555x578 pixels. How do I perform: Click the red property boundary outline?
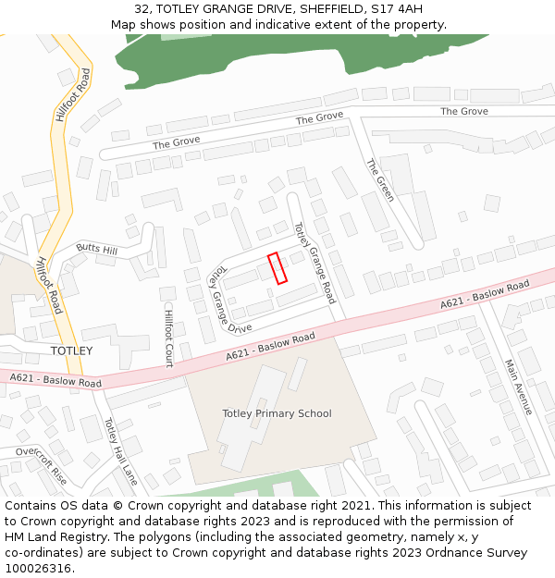tap(277, 268)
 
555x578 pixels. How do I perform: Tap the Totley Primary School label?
tap(277, 413)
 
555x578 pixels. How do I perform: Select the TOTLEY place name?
tap(71, 351)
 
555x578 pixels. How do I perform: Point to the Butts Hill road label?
tap(97, 250)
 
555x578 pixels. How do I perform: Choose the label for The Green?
tap(380, 179)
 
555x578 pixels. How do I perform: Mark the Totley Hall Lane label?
tap(120, 451)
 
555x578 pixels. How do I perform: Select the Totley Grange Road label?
tap(314, 263)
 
